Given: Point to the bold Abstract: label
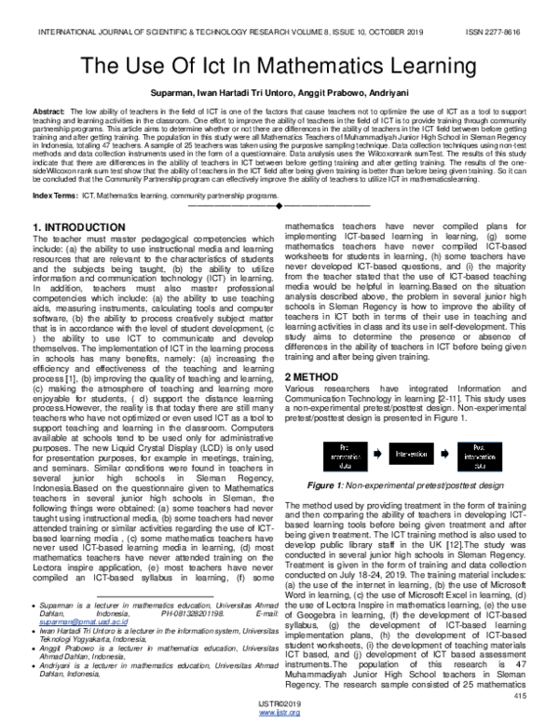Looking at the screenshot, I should pos(49,110).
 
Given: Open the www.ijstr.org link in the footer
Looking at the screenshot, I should pos(279,713).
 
